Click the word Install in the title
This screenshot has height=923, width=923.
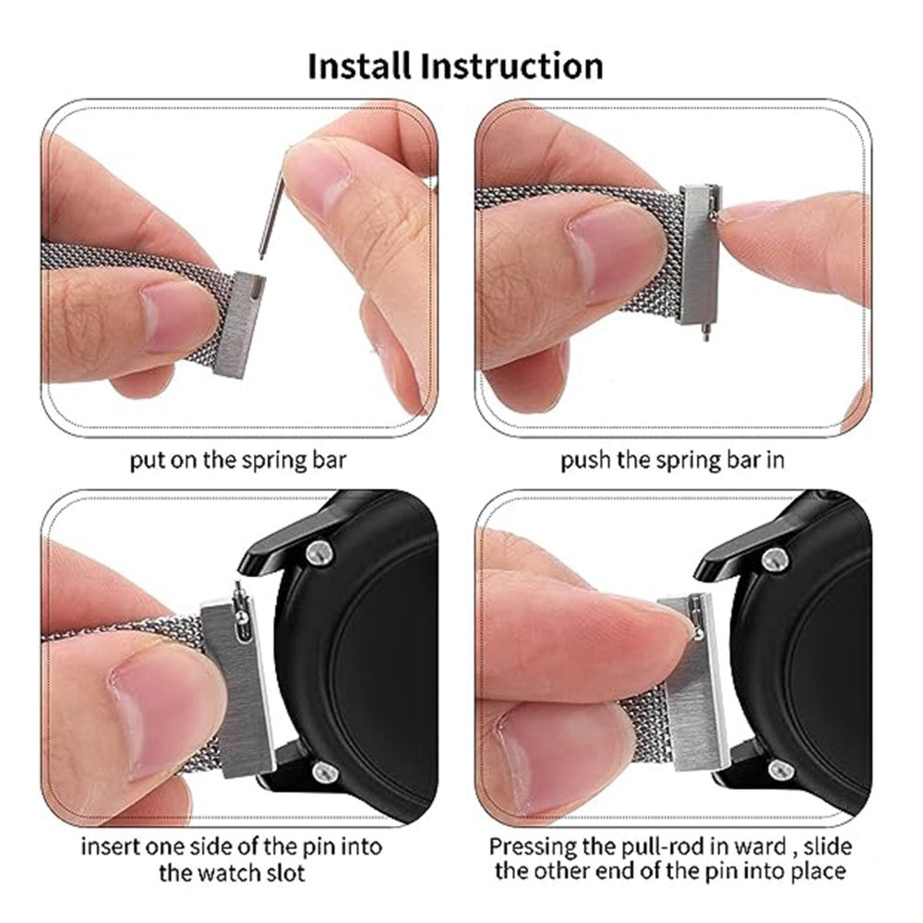pos(359,66)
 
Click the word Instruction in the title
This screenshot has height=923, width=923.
pos(512,66)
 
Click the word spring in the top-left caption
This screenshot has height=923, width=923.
pos(270,461)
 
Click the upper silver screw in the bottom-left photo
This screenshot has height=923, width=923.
pos(320,552)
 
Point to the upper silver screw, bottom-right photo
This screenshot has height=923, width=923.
pos(774,558)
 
